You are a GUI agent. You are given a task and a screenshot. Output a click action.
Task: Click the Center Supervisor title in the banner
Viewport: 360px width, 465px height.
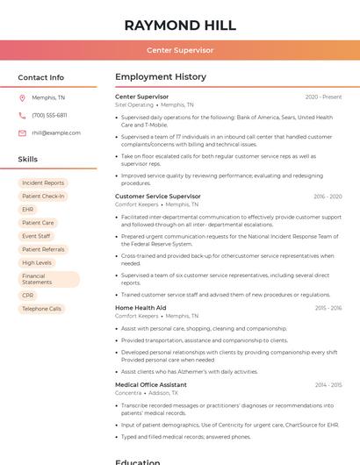pos(180,50)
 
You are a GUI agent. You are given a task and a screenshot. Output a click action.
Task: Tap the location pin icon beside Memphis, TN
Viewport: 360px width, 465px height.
pos(22,98)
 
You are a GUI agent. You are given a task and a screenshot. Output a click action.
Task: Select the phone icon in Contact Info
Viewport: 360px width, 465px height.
pos(22,115)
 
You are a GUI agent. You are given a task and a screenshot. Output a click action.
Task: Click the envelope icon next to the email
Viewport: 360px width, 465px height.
pos(22,133)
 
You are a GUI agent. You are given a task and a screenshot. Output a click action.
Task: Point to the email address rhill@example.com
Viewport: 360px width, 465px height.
pos(56,133)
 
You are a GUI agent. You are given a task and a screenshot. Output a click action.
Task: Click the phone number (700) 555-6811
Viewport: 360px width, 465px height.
pos(49,115)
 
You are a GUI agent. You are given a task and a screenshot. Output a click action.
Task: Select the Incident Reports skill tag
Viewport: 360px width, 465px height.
pos(43,183)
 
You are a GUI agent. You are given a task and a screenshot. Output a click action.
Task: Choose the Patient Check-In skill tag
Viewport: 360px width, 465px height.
pos(43,197)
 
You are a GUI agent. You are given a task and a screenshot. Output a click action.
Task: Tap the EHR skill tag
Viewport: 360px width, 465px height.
pos(28,210)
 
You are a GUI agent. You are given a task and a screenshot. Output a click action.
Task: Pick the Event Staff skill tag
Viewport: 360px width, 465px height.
pos(36,236)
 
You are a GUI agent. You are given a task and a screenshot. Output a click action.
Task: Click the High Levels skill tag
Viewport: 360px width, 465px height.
pos(37,262)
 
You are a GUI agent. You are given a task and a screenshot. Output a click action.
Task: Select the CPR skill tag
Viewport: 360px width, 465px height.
pos(28,296)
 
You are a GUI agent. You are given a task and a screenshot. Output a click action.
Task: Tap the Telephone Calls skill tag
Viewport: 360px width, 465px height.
pos(42,309)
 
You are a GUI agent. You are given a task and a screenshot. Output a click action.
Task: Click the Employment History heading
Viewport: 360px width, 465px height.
pos(161,77)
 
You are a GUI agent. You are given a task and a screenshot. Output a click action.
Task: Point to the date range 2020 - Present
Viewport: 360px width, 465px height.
pos(323,97)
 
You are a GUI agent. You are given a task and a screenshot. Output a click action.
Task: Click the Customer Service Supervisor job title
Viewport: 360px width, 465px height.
pos(158,197)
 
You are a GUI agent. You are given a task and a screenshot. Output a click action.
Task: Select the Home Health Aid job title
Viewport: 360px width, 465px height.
pos(140,308)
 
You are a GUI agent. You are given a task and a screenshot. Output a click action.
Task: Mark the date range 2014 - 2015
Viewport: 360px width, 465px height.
pos(328,384)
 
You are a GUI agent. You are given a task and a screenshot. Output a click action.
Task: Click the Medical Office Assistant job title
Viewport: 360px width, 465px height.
pos(151,384)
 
